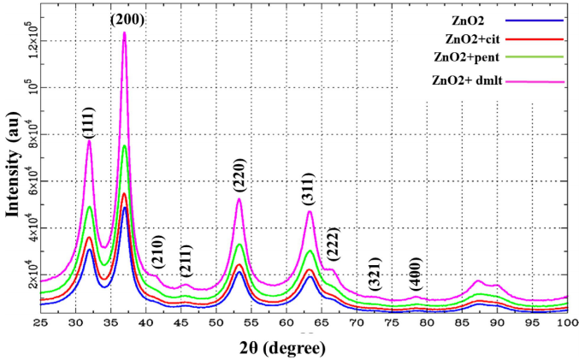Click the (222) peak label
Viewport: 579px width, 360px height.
tap(333, 246)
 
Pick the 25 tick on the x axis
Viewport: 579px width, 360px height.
tap(40, 323)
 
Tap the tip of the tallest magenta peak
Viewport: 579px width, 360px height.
tap(125, 33)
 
